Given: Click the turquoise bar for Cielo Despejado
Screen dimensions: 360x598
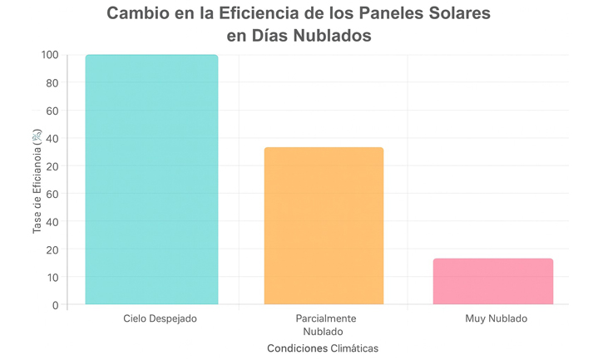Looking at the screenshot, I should [151, 180].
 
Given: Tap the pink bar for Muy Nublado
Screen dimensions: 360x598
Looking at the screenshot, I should [493, 281].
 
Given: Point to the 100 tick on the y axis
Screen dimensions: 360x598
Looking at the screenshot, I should [49, 56].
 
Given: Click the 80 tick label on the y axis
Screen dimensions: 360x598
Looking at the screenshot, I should [52, 83].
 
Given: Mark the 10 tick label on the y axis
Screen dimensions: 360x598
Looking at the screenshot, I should [52, 277].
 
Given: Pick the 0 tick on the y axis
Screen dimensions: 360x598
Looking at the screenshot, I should [55, 304].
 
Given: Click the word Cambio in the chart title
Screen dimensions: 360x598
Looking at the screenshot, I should [141, 14].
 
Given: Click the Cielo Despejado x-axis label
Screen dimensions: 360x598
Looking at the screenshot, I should [160, 318].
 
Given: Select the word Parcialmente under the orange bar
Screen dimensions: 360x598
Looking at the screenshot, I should [326, 318].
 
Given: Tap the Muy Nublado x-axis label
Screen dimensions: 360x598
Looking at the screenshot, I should [497, 318].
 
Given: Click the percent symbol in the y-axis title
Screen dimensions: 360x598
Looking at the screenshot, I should [37, 135].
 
